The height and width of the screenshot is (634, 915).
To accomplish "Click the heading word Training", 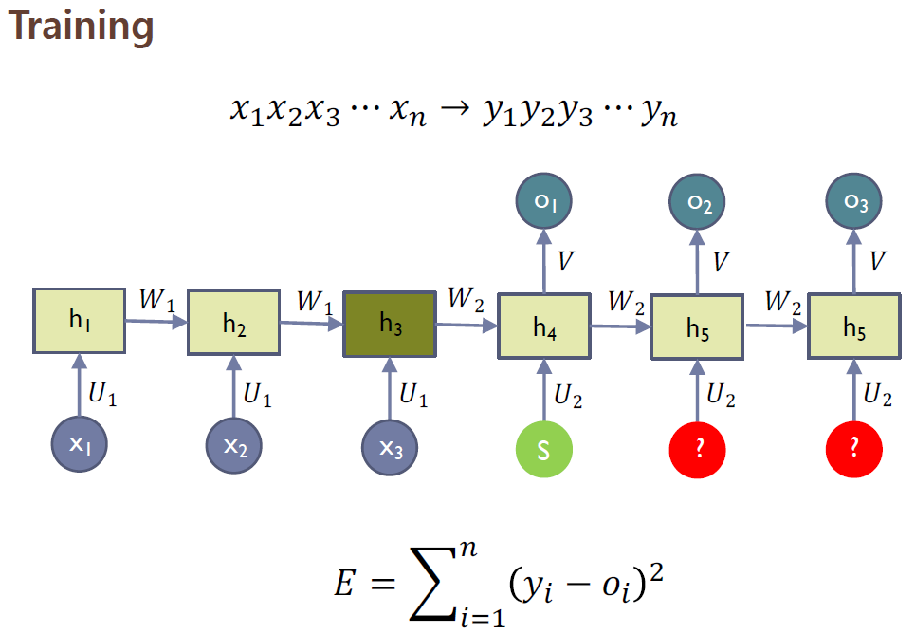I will point(81,28).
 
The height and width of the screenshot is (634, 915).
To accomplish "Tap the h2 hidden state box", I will point(234,324).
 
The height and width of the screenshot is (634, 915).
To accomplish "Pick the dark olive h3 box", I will point(390,324).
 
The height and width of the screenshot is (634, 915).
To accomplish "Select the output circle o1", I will point(544,200).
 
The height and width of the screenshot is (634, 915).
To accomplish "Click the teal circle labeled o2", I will point(698,200).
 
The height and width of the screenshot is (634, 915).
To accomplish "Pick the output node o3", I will point(853,200).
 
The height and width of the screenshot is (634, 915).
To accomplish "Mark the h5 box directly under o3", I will point(853,327).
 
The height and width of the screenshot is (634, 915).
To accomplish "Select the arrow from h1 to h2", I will point(156,322).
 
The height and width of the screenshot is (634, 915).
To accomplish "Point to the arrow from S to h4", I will point(544,392).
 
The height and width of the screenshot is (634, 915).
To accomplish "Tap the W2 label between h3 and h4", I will point(466,299).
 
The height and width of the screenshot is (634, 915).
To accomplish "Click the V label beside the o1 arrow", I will point(565,261).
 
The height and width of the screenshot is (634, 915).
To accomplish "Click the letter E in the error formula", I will point(344,584).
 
